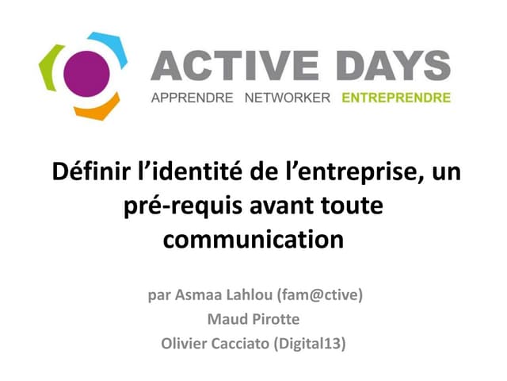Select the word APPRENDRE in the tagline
pos(192,98)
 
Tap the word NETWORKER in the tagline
pos(286,98)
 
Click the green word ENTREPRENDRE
pos(395,98)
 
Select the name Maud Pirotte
pos(253,320)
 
